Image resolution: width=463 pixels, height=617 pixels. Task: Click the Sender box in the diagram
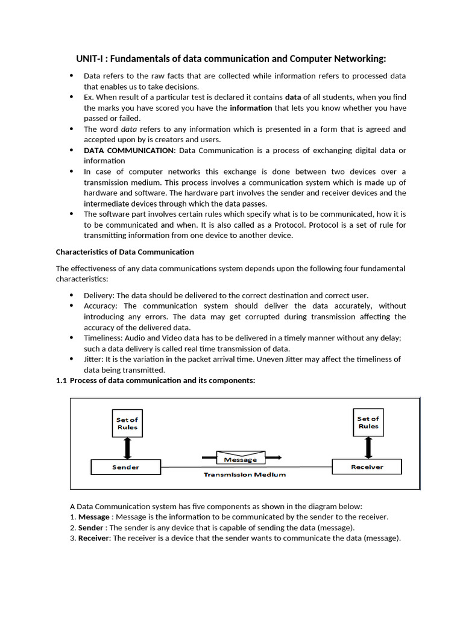(x=125, y=467)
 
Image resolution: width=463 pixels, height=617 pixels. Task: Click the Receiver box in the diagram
(x=367, y=466)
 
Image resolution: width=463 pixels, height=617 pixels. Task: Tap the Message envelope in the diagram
(x=241, y=459)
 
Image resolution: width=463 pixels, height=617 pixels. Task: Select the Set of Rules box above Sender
(x=127, y=424)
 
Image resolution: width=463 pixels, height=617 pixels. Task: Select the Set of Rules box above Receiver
(x=368, y=422)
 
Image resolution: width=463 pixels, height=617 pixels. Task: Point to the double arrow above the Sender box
(x=127, y=448)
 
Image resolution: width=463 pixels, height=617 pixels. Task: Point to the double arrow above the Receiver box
(x=368, y=448)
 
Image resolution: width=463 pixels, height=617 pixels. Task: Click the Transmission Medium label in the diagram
(x=244, y=475)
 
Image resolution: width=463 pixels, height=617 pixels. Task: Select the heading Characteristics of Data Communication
(x=125, y=252)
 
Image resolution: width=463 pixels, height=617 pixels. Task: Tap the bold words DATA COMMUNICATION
(x=128, y=150)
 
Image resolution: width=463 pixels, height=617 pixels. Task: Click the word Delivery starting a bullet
(x=99, y=295)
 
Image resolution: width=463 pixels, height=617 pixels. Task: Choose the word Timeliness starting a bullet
(x=104, y=338)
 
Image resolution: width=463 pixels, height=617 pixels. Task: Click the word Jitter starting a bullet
(x=93, y=359)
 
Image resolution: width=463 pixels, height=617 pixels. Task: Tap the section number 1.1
(x=61, y=380)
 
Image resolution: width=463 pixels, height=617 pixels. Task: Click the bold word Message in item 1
(x=94, y=517)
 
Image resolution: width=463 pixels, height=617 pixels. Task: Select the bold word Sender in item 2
(x=91, y=528)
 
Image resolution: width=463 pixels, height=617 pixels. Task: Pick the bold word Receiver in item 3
(x=93, y=538)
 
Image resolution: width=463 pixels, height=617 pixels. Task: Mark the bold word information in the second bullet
(x=251, y=108)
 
